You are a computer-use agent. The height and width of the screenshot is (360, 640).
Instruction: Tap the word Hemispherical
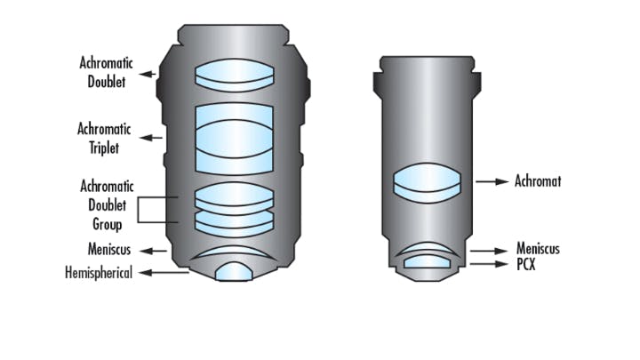tap(99, 273)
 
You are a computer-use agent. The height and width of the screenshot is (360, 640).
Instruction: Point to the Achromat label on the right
tap(538, 182)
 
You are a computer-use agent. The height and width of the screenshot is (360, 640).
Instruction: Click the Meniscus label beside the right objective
tap(539, 249)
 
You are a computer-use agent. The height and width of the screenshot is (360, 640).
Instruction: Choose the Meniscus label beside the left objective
tap(110, 250)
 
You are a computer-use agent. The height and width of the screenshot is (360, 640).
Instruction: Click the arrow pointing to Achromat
tap(490, 182)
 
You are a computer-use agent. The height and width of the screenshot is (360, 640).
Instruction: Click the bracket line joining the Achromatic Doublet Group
tap(139, 209)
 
